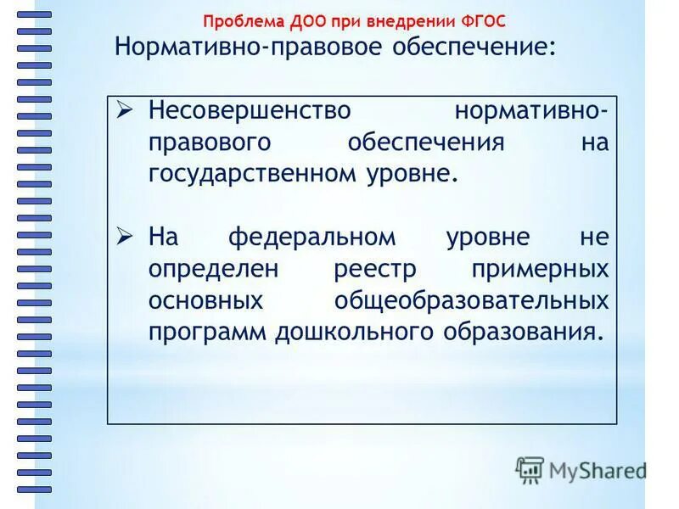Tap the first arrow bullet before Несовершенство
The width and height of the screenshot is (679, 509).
tap(125, 110)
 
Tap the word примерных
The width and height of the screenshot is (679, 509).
tap(540, 269)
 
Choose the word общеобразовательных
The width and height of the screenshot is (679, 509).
tap(471, 299)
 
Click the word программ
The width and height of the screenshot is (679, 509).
tap(207, 331)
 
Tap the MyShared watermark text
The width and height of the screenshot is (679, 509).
tap(596, 470)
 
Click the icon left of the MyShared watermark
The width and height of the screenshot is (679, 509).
tap(530, 469)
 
